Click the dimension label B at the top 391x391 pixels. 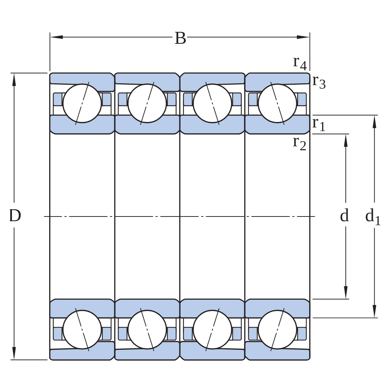point(180,38)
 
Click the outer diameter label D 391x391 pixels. point(15,216)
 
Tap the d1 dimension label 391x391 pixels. point(373,216)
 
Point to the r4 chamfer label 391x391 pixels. point(300,63)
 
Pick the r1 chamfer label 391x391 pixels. point(319,124)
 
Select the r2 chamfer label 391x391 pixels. point(299,143)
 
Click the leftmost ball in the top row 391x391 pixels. point(82,103)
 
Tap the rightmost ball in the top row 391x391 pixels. point(278,103)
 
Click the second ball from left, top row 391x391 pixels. point(147,103)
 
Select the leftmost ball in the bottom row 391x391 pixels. point(82,330)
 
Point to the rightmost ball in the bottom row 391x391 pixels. point(278,330)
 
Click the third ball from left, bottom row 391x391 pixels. point(213,330)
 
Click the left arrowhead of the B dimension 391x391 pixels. point(56,37)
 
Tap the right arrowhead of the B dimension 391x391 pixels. point(303,37)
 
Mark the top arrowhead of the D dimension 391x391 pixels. point(14,80)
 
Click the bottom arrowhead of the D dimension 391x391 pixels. point(14,353)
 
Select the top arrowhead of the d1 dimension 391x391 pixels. point(374,122)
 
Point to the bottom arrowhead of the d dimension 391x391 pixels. point(346,292)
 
